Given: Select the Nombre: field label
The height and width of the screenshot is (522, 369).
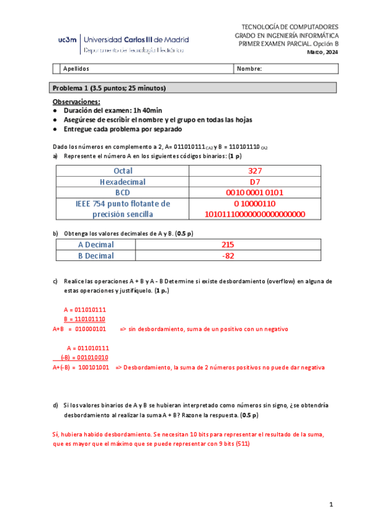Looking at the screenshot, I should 249,69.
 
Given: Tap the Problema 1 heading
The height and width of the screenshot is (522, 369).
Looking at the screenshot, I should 109,88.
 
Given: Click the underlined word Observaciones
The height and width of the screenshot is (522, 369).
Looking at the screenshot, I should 76,101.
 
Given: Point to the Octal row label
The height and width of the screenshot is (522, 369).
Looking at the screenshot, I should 123,171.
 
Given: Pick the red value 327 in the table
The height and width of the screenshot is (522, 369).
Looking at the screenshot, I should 255,171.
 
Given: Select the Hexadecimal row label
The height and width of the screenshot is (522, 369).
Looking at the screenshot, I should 123,182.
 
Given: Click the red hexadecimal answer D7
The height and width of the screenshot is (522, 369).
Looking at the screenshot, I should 255,182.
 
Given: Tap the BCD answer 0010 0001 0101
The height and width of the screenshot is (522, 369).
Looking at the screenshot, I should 255,193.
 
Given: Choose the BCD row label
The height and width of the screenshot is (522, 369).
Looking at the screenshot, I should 123,193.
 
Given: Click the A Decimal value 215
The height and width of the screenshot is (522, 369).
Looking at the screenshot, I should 228,244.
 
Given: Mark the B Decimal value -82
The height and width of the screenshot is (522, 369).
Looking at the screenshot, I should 228,255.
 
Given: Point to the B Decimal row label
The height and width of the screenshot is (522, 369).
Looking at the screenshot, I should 95,255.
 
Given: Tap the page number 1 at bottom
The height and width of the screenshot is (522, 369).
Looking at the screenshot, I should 331,505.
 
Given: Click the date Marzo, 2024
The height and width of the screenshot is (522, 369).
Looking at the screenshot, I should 323,54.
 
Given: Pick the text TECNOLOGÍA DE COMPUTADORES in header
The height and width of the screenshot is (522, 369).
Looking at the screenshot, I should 290,28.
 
